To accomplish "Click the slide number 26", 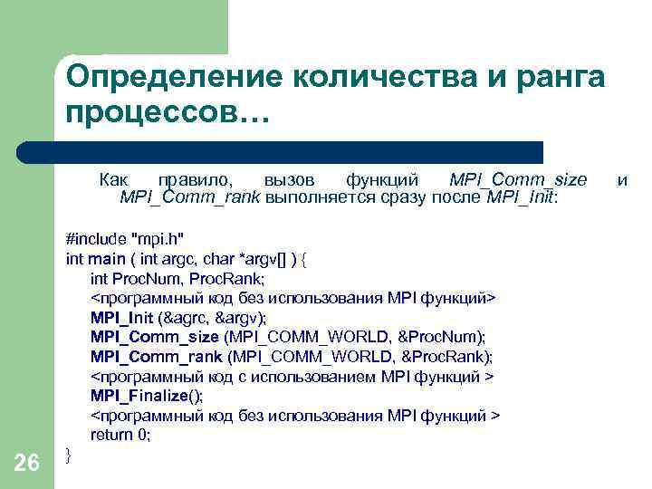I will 27,464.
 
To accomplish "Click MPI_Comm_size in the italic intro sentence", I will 518,179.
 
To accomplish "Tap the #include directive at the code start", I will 97,239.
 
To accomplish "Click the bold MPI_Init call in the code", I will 122,317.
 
